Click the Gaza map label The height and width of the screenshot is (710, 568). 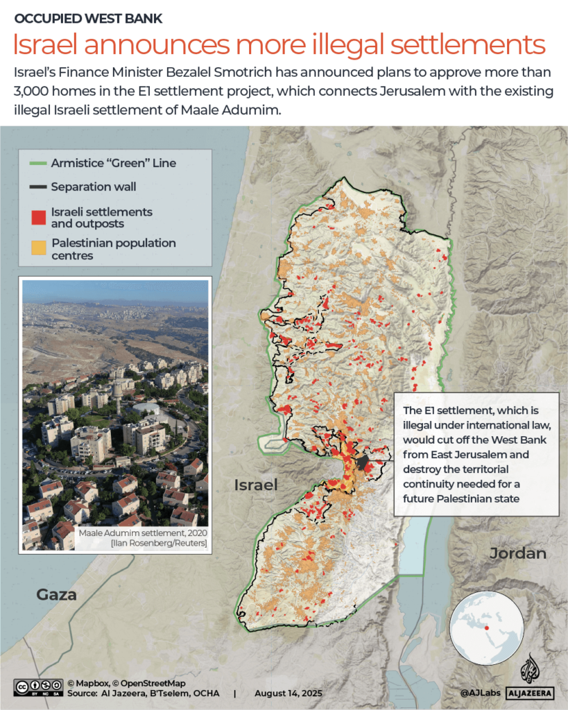[x=57, y=595]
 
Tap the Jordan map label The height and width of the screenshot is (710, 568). [x=517, y=553]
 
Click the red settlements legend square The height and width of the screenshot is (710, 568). [x=39, y=216]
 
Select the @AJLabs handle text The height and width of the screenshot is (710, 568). [x=479, y=693]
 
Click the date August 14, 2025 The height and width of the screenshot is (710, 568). [x=288, y=693]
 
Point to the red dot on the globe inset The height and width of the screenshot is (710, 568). [x=487, y=627]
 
